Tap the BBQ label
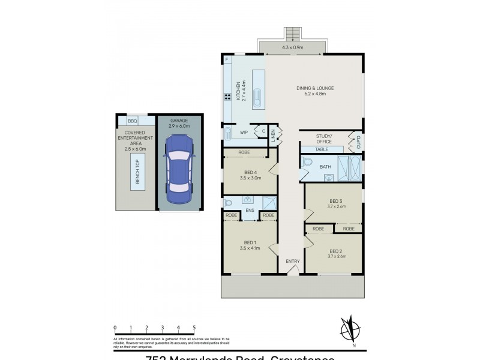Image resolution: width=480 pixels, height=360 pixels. tap(132, 121)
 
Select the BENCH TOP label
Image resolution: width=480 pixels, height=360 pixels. tap(137, 171)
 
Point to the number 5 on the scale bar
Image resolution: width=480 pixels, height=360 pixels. tap(194, 328)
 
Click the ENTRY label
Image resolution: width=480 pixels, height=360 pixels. tap(292, 261)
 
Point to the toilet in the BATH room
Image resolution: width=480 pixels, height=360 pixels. tap(307, 162)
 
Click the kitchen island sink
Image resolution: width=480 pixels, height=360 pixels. tap(257, 97)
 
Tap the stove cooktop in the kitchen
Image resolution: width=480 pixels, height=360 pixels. tap(228, 97)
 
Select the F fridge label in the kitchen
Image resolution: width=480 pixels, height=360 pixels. tap(227, 61)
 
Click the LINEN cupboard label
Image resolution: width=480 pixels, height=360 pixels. tap(273, 135)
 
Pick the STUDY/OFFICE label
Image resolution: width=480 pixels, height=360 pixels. tap(324, 139)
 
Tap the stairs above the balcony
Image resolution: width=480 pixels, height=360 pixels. tap(293, 32)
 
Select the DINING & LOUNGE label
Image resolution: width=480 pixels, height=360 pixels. tap(315, 91)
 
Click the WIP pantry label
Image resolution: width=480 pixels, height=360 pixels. tap(244, 132)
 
